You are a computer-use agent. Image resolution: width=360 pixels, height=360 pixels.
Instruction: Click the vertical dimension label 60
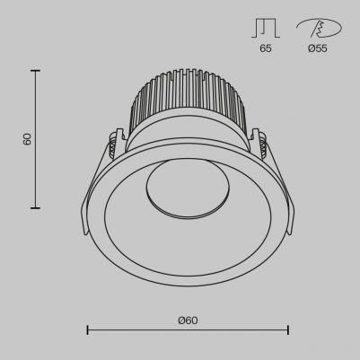pos(27,139)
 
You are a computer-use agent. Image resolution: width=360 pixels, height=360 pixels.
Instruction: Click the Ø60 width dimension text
pos(187,320)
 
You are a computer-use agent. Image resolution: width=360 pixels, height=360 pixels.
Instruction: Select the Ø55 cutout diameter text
pos(317,48)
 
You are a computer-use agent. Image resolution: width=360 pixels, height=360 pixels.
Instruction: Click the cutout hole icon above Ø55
pos(316,28)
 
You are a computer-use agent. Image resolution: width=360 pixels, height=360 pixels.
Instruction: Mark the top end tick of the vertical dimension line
pos(36,71)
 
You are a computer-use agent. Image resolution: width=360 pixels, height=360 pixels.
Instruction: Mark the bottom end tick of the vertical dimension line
pos(36,207)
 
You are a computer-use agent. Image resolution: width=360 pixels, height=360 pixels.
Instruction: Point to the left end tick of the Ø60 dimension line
pos(87,330)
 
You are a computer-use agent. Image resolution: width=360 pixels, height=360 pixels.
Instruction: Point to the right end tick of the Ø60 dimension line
pos(287,330)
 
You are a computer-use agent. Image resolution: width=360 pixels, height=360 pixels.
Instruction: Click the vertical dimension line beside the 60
pos(36,171)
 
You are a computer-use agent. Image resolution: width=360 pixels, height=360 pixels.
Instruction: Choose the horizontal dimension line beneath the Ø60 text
pos(187,330)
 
